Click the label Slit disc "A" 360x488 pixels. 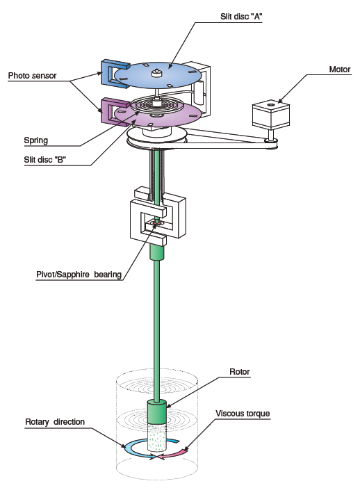coord(241,17)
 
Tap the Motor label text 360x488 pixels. coord(340,70)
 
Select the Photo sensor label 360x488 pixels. coord(33,76)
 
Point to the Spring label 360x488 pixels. coord(36,140)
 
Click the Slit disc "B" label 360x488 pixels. coord(45,160)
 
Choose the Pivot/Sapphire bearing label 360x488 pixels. coord(79,275)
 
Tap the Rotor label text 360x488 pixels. coord(240,372)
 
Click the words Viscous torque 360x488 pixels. coord(243,414)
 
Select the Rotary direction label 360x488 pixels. coord(55,422)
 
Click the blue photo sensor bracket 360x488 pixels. coord(107,74)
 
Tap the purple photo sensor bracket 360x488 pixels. coord(107,111)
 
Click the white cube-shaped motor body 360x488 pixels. coord(271,114)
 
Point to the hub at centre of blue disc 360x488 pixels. coord(156,73)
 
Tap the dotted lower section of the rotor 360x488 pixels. coord(156,437)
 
